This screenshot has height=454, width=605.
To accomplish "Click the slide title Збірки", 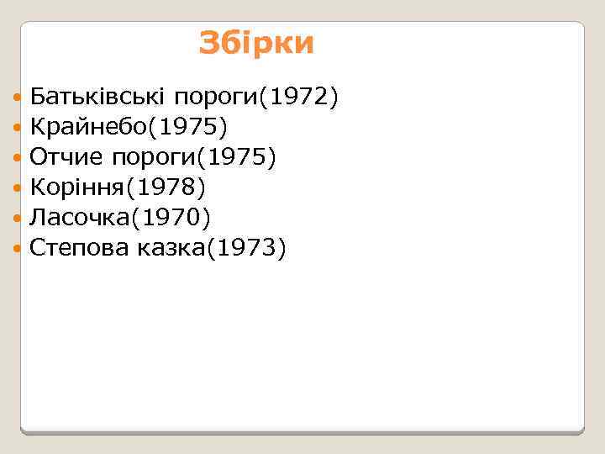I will (256, 43).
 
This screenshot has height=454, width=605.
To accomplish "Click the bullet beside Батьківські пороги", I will (19, 99).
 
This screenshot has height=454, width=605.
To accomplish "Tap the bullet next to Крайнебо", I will (19, 129).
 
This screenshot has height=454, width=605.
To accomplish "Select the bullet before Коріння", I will (19, 187).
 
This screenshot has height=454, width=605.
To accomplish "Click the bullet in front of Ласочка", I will (19, 218).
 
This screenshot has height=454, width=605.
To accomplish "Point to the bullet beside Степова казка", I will (19, 247).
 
